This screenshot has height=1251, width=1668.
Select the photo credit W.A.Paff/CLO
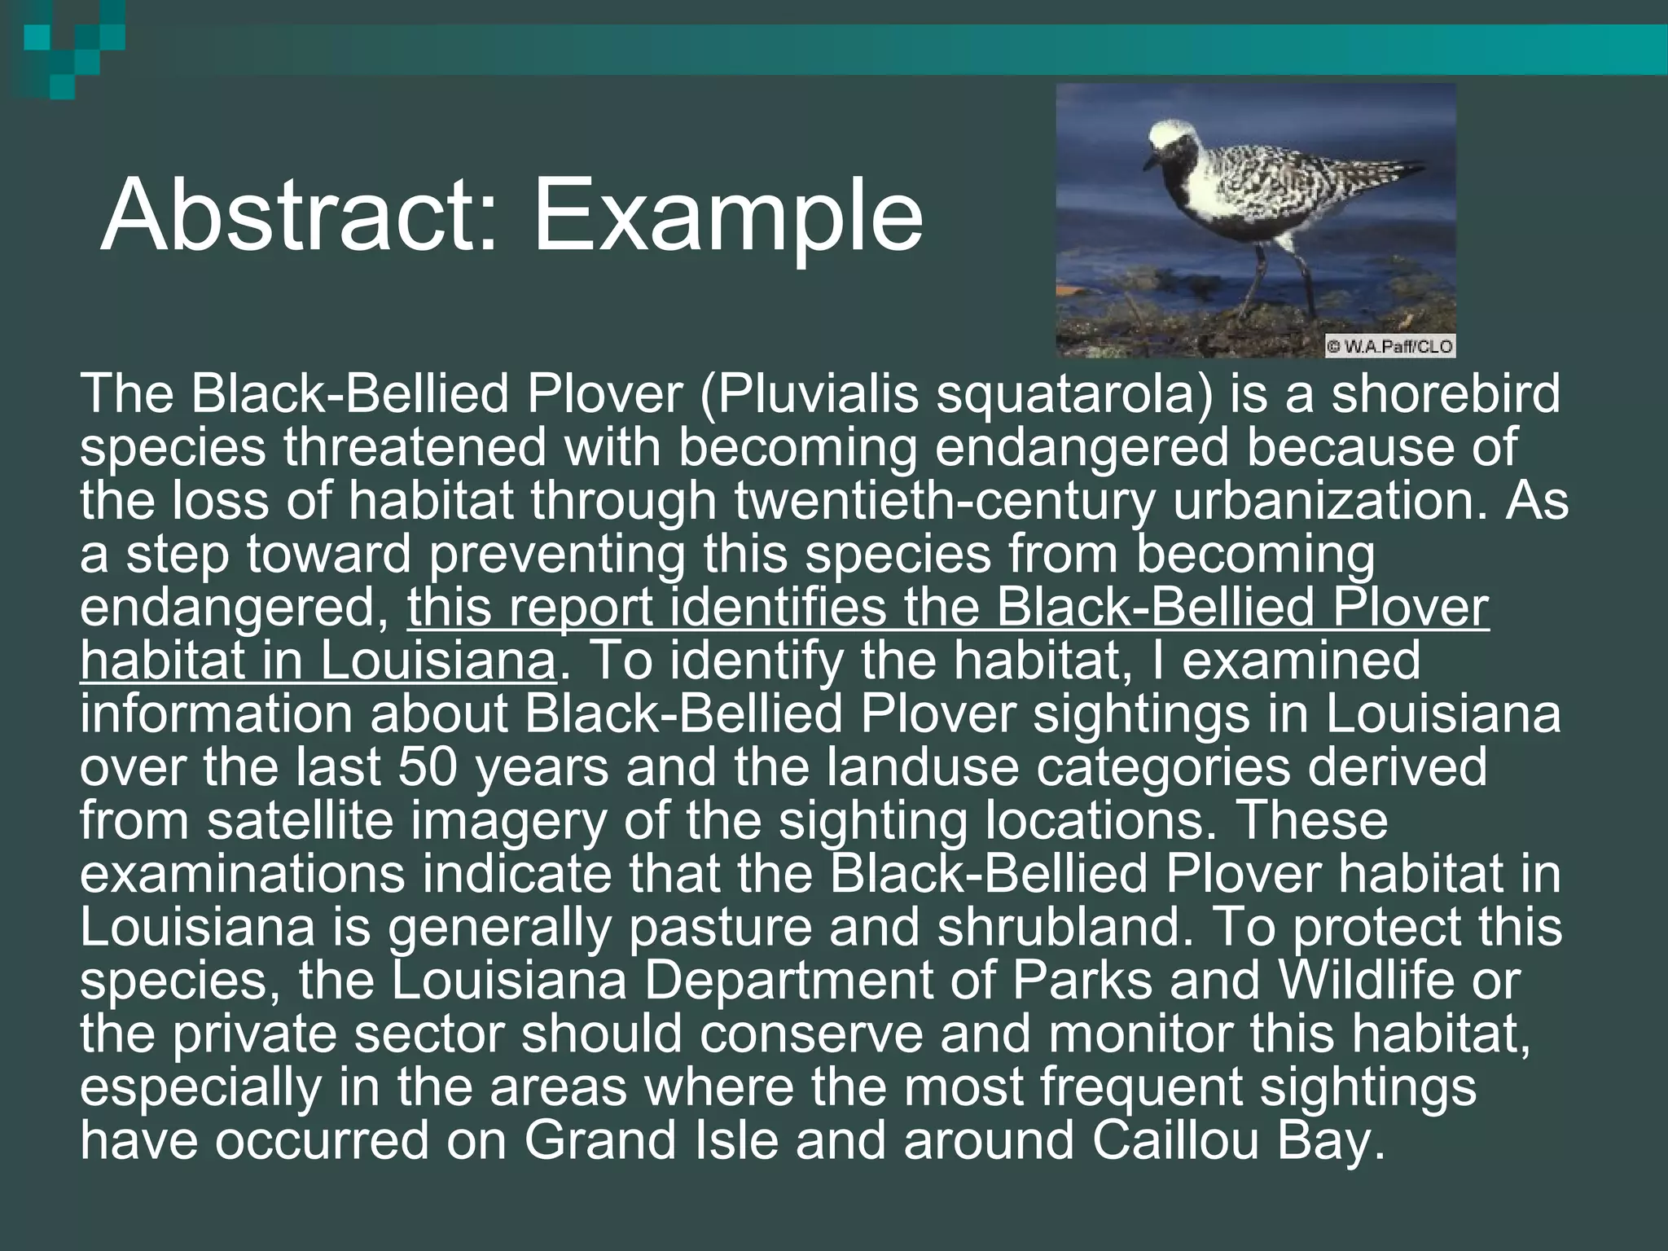[x=1390, y=346]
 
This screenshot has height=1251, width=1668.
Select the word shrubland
[x=1058, y=928]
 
